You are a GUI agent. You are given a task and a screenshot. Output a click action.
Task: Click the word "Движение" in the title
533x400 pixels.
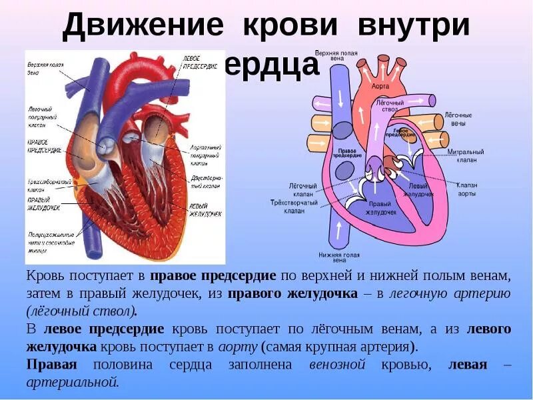click(143, 27)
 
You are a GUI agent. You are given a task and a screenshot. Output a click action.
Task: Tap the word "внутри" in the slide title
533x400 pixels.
click(414, 27)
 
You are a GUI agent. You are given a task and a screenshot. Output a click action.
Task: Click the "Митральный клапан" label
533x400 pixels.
click(466, 155)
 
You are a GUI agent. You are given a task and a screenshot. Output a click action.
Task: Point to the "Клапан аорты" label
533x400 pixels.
click(467, 189)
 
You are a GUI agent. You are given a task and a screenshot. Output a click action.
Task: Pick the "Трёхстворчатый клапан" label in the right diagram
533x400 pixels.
click(294, 206)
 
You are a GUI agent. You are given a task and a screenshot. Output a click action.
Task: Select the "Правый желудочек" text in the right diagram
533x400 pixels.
click(380, 208)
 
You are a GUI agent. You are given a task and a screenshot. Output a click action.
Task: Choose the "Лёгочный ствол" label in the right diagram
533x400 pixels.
click(390, 107)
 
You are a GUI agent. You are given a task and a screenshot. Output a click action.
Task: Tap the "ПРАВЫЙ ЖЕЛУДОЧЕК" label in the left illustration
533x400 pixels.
click(44, 203)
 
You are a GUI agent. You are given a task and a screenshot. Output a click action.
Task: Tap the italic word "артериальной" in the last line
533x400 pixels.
click(73, 382)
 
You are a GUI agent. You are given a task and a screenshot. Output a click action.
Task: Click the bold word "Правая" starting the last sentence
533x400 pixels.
click(52, 365)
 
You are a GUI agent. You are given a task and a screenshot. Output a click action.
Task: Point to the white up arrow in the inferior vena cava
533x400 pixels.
click(340, 230)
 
